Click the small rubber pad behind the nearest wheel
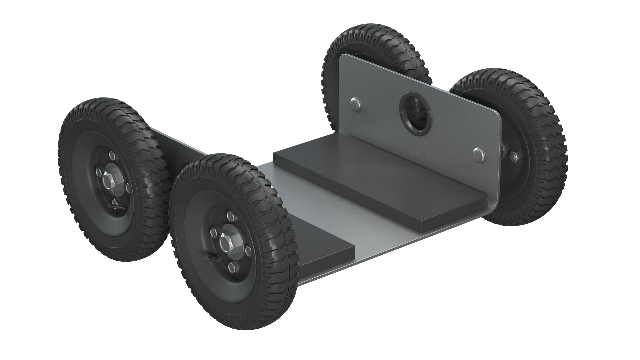310,248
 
